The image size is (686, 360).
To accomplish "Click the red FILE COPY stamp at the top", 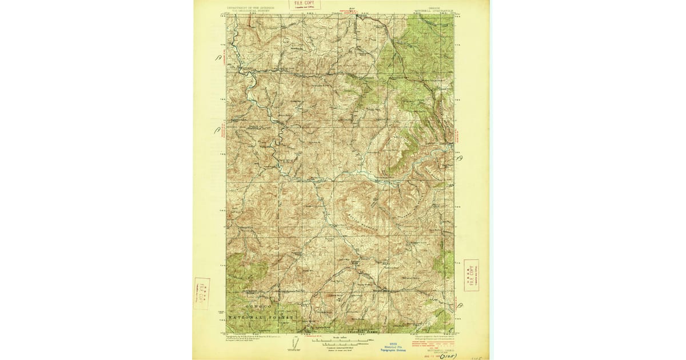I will click(x=304, y=5).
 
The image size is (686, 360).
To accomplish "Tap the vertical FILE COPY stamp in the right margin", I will click(x=471, y=275).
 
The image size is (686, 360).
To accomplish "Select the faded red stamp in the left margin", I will click(x=201, y=293).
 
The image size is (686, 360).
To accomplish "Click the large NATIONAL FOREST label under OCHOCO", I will click(x=260, y=316).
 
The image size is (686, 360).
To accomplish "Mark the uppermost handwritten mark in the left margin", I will click(x=218, y=58).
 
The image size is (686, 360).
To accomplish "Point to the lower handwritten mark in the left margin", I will click(x=217, y=131).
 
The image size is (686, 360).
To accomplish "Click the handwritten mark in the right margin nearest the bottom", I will click(x=461, y=306).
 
